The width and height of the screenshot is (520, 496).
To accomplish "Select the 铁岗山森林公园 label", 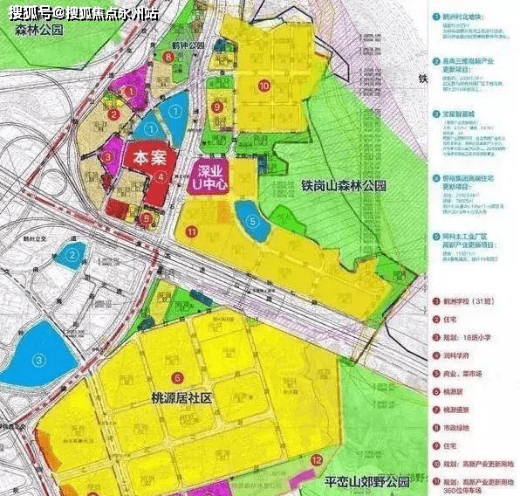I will tap(344, 185).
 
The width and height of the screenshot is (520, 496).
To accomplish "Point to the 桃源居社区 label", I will tap(193, 397).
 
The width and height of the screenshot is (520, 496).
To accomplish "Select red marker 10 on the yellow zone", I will tap(263, 85).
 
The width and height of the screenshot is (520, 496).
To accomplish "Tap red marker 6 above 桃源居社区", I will tap(178, 377).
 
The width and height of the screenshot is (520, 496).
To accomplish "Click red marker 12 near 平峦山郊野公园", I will tap(316, 458).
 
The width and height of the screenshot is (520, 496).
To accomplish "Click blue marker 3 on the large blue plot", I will tap(38, 358).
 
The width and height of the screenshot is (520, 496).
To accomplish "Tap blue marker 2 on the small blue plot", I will tap(73, 255).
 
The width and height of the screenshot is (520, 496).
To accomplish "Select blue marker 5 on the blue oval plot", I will tap(252, 221).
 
